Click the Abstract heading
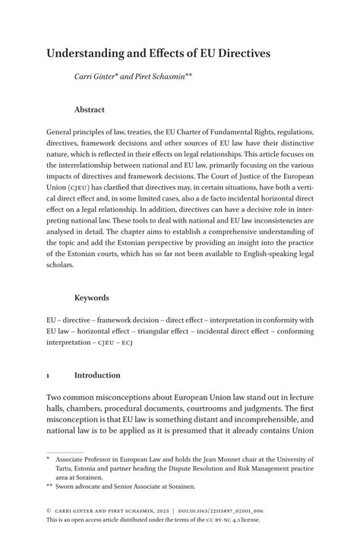pos(90,109)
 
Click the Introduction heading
pos(97,375)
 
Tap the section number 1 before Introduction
pos(49,375)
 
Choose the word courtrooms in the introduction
pos(216,411)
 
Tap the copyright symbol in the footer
pos(49,511)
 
